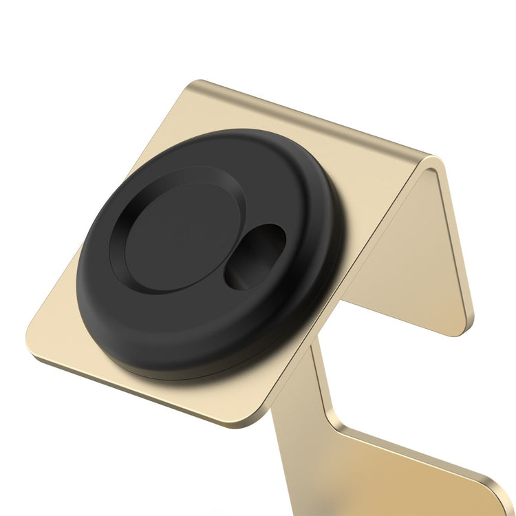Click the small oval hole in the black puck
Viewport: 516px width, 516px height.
point(255,255)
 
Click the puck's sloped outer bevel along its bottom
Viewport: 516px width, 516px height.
point(206,358)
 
